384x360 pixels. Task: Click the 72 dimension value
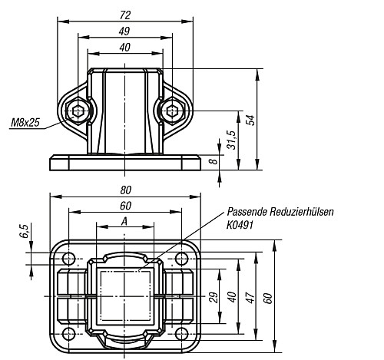[125, 15]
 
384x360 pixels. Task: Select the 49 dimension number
[124, 31]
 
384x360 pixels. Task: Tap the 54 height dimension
[251, 120]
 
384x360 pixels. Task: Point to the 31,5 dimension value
[231, 140]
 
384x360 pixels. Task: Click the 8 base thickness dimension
[214, 161]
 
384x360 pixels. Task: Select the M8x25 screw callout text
[25, 123]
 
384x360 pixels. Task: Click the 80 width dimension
[125, 190]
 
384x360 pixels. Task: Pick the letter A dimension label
[124, 222]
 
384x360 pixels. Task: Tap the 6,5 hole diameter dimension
[25, 231]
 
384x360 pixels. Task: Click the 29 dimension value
[214, 297]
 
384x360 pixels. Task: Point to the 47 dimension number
[251, 297]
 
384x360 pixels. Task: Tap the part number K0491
[240, 225]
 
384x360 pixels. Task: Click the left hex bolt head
[78, 111]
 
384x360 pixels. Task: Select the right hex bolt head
[173, 111]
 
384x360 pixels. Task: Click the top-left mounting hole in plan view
[68, 259]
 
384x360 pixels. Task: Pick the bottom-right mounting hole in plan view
[181, 334]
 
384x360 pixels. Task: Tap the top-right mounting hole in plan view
[181, 259]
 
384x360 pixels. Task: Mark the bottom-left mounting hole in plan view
[68, 334]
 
